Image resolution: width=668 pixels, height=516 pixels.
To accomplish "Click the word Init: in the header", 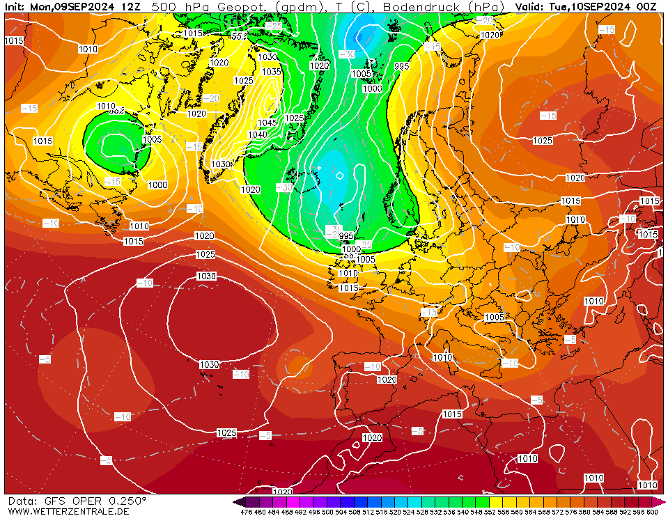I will coord(15,6).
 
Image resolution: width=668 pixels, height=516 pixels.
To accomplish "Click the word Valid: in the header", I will coord(529,6).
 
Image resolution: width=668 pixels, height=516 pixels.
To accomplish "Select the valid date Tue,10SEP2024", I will coord(589,6).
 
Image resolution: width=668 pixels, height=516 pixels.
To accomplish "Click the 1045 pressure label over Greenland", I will coord(267,123).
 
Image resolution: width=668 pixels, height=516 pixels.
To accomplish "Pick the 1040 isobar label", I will coord(257,134).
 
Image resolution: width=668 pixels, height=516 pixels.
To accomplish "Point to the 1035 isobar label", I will coord(271,72).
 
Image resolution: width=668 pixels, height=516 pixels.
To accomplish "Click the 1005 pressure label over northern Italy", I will coord(495,318).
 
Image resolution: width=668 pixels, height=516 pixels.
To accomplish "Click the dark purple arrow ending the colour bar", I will coord(239,502).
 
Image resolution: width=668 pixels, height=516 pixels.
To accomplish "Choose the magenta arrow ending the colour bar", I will coord(661,502).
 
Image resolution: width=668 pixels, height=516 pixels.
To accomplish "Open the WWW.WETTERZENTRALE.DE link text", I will coord(69,512).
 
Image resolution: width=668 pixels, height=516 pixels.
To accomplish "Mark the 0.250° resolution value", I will coord(127,501).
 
